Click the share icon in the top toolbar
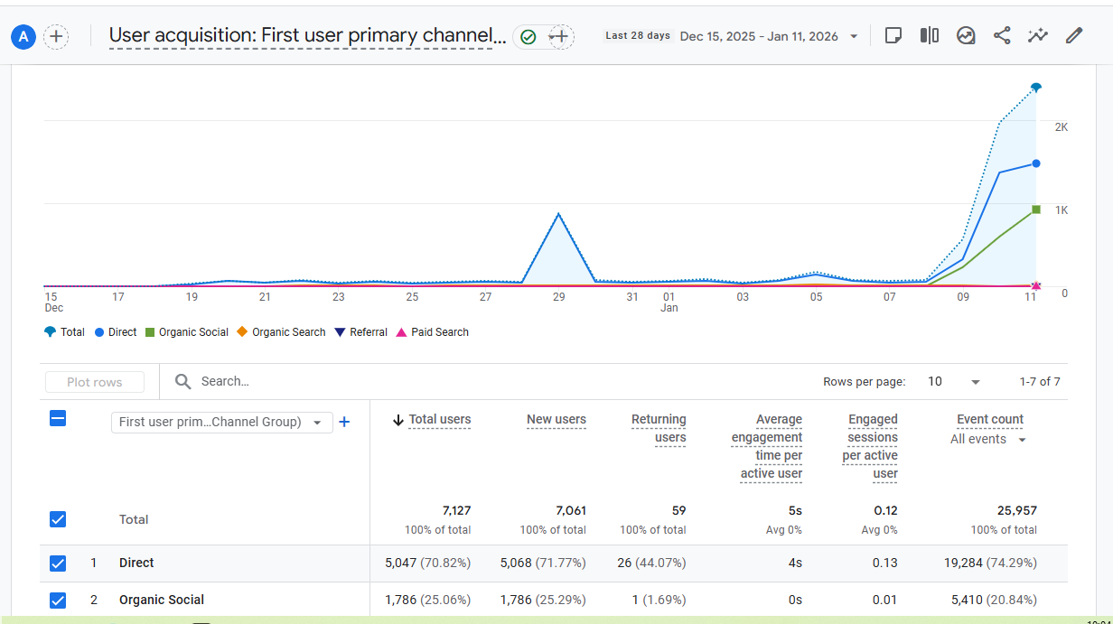coord(1002,36)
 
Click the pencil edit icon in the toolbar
coord(1073,36)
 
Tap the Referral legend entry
coord(360,332)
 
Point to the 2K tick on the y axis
coord(1062,127)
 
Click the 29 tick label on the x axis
coord(559,297)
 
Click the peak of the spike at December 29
coord(559,214)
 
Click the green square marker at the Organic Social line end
coord(1036,210)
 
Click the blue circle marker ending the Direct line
coord(1036,163)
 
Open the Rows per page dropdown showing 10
coord(954,382)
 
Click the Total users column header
coord(439,420)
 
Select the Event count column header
coord(989,420)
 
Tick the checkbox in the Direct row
coord(58,563)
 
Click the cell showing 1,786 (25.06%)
coord(427,600)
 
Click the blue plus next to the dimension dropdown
coord(344,422)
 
